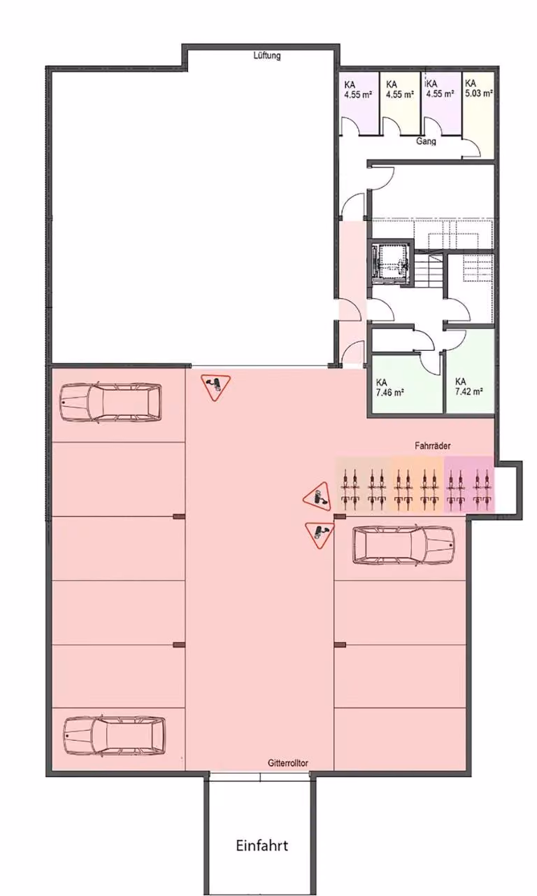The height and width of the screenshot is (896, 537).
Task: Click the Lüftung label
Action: coord(267,55)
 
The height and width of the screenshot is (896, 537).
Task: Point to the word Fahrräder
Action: coord(433,445)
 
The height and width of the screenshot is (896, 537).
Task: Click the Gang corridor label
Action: coord(426,141)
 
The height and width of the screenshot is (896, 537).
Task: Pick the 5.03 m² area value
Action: coord(479,94)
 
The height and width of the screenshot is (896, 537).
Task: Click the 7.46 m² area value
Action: coord(389,393)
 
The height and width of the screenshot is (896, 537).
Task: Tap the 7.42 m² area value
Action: coord(468,391)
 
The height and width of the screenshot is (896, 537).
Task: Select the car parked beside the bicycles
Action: coord(403,545)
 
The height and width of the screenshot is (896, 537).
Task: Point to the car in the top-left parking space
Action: coord(111,402)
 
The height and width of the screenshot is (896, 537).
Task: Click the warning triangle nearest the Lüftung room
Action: coord(216,387)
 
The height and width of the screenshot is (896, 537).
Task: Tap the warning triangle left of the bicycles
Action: coord(318,497)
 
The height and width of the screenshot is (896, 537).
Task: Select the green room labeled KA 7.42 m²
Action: coord(469,372)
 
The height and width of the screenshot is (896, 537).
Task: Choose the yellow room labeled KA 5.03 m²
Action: coord(478,114)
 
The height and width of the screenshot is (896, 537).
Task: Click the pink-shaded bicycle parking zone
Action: coord(469,484)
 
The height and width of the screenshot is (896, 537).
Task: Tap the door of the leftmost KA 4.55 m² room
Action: coord(351,126)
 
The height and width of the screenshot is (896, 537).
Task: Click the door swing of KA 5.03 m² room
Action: coord(471,148)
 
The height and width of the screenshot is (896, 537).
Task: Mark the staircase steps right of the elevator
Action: coord(429,270)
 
